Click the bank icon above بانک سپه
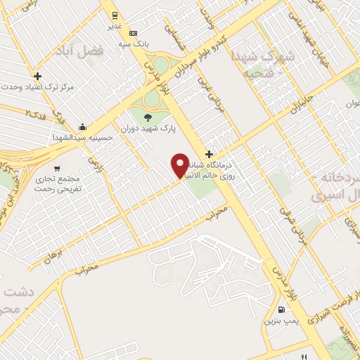[x=133, y=33]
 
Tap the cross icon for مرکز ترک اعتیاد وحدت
[x=37, y=75]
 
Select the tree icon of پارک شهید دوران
[x=147, y=118]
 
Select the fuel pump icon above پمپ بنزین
[x=283, y=309]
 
